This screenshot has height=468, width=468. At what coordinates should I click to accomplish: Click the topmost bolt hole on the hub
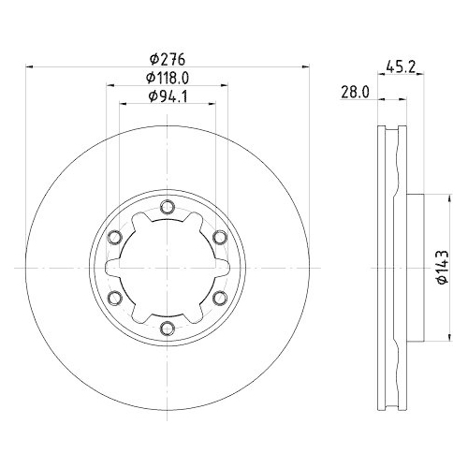tap(167, 207)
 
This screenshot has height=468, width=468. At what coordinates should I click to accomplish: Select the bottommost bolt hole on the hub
tap(167, 328)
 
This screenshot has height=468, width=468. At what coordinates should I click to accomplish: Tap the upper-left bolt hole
tap(114, 237)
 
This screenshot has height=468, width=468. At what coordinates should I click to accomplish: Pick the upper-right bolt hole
tap(219, 237)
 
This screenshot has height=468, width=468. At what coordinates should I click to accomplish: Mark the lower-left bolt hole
tap(114, 298)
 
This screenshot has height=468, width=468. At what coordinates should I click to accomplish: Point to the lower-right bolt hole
tap(219, 298)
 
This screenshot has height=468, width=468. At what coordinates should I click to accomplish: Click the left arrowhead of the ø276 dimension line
tap(28, 66)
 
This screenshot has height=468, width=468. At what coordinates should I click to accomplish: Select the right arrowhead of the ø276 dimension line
tap(305, 66)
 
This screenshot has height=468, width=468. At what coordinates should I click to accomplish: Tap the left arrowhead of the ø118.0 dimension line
tap(110, 85)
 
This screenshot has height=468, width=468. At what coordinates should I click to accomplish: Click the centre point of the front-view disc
tap(167, 268)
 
